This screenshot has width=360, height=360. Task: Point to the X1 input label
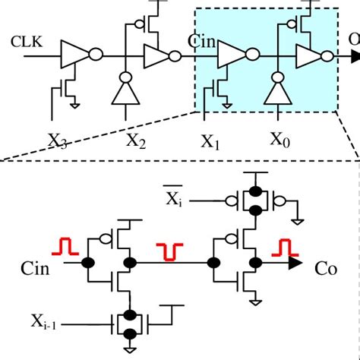[x=210, y=140]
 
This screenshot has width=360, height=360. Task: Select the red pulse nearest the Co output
[x=283, y=247]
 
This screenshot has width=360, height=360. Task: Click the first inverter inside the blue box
[x=230, y=55]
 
